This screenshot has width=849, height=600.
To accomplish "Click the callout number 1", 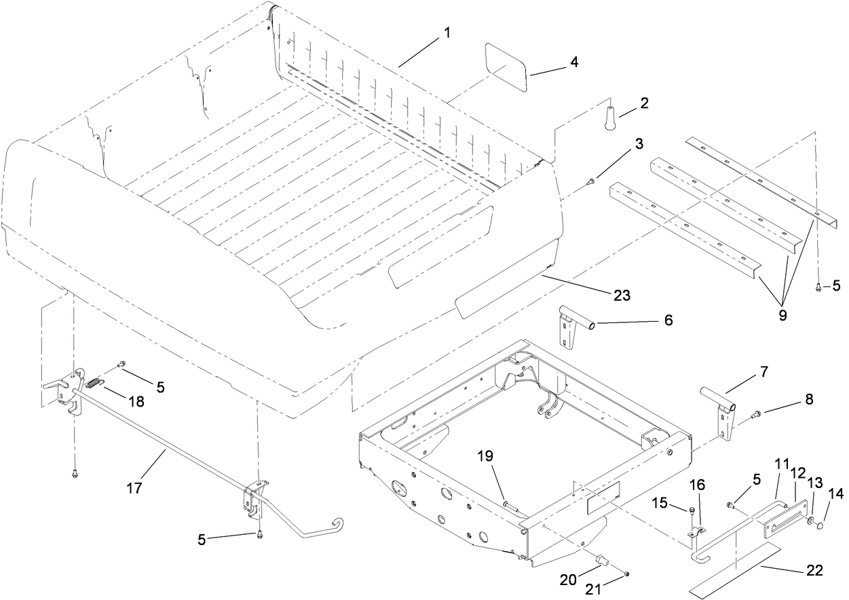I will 446,32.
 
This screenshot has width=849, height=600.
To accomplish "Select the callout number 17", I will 134,487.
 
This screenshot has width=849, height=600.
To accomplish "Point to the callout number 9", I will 782,316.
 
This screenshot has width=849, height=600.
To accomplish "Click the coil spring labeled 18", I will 97,386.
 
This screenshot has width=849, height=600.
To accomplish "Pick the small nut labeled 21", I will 626,575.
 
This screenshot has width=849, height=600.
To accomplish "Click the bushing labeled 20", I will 601,559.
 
